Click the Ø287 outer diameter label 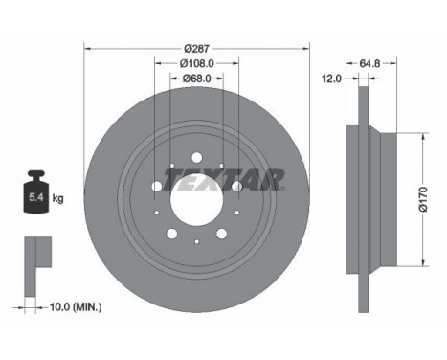coord(197,49)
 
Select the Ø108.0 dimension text coord(197,63)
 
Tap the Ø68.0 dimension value coord(197,79)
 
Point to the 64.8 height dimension coord(369,63)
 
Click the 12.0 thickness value coord(331,79)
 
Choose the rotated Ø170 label coord(423,199)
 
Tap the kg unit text coord(58,199)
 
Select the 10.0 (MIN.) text coord(76,307)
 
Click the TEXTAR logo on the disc coord(224,179)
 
